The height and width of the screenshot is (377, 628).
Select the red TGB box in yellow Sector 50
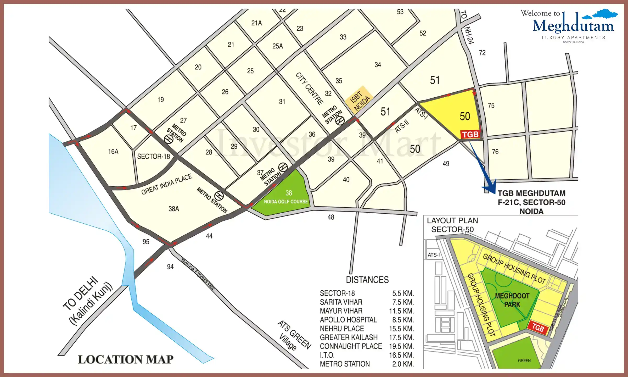[470, 135]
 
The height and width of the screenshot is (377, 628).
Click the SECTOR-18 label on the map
[154, 157]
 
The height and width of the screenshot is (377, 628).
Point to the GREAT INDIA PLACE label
[167, 184]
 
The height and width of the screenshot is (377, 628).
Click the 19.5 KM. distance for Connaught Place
[401, 346]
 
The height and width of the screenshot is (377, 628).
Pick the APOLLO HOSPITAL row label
[348, 320]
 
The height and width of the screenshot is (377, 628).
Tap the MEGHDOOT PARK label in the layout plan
[512, 300]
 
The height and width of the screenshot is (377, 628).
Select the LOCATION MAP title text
[126, 359]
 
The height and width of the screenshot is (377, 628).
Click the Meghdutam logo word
[573, 26]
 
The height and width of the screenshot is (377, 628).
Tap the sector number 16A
[113, 152]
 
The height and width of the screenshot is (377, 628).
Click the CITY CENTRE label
[309, 89]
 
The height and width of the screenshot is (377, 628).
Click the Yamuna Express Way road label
[198, 274]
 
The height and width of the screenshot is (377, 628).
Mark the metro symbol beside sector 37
[283, 167]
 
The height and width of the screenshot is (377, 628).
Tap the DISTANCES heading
[367, 280]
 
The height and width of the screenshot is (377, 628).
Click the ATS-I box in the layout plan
[434, 255]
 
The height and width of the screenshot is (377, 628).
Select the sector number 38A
[174, 209]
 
